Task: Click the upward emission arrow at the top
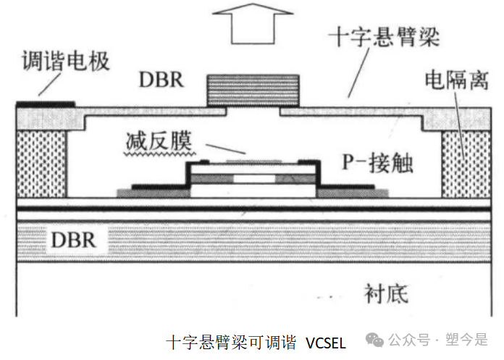click(x=253, y=23)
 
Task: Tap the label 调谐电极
click(x=66, y=61)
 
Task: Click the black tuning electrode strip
click(x=46, y=104)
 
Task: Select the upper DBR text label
click(x=161, y=80)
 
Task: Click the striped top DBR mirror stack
click(x=253, y=91)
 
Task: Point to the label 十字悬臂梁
click(x=384, y=37)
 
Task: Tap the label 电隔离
click(x=457, y=80)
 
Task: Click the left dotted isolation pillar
click(x=41, y=164)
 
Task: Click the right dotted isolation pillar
click(x=466, y=164)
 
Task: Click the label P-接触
click(x=377, y=163)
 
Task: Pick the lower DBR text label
click(x=73, y=240)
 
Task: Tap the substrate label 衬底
click(x=386, y=293)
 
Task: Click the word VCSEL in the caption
click(x=326, y=343)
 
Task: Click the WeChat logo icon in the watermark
click(x=375, y=340)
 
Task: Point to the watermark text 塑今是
click(x=466, y=340)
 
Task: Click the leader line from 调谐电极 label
click(x=49, y=85)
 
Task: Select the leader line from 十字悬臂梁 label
click(x=358, y=72)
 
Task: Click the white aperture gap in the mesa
click(x=254, y=179)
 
